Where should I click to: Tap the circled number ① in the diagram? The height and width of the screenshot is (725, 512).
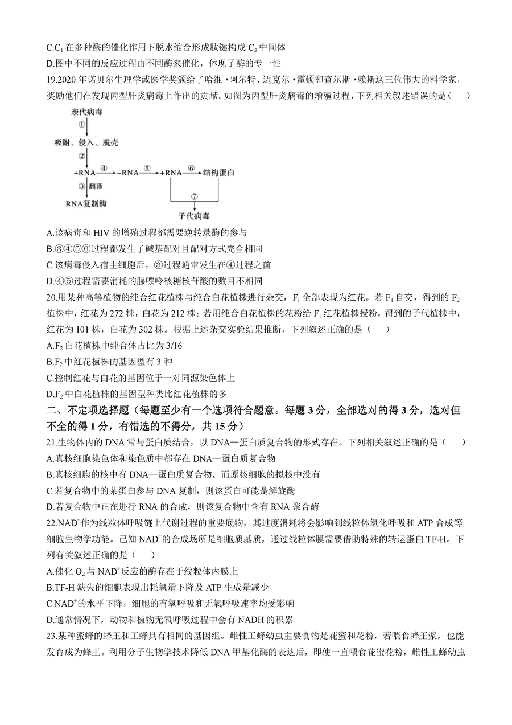tap(81, 124)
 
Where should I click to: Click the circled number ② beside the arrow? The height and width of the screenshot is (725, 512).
tap(81, 157)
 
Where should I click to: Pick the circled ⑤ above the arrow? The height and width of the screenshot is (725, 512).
tap(147, 169)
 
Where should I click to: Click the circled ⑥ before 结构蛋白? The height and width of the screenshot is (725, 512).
tap(191, 169)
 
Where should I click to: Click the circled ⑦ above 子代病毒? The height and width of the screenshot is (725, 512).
tap(194, 197)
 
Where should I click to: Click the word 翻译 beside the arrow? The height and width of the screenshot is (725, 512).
tap(96, 186)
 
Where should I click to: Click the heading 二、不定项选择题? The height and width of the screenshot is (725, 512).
tap(88, 410)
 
